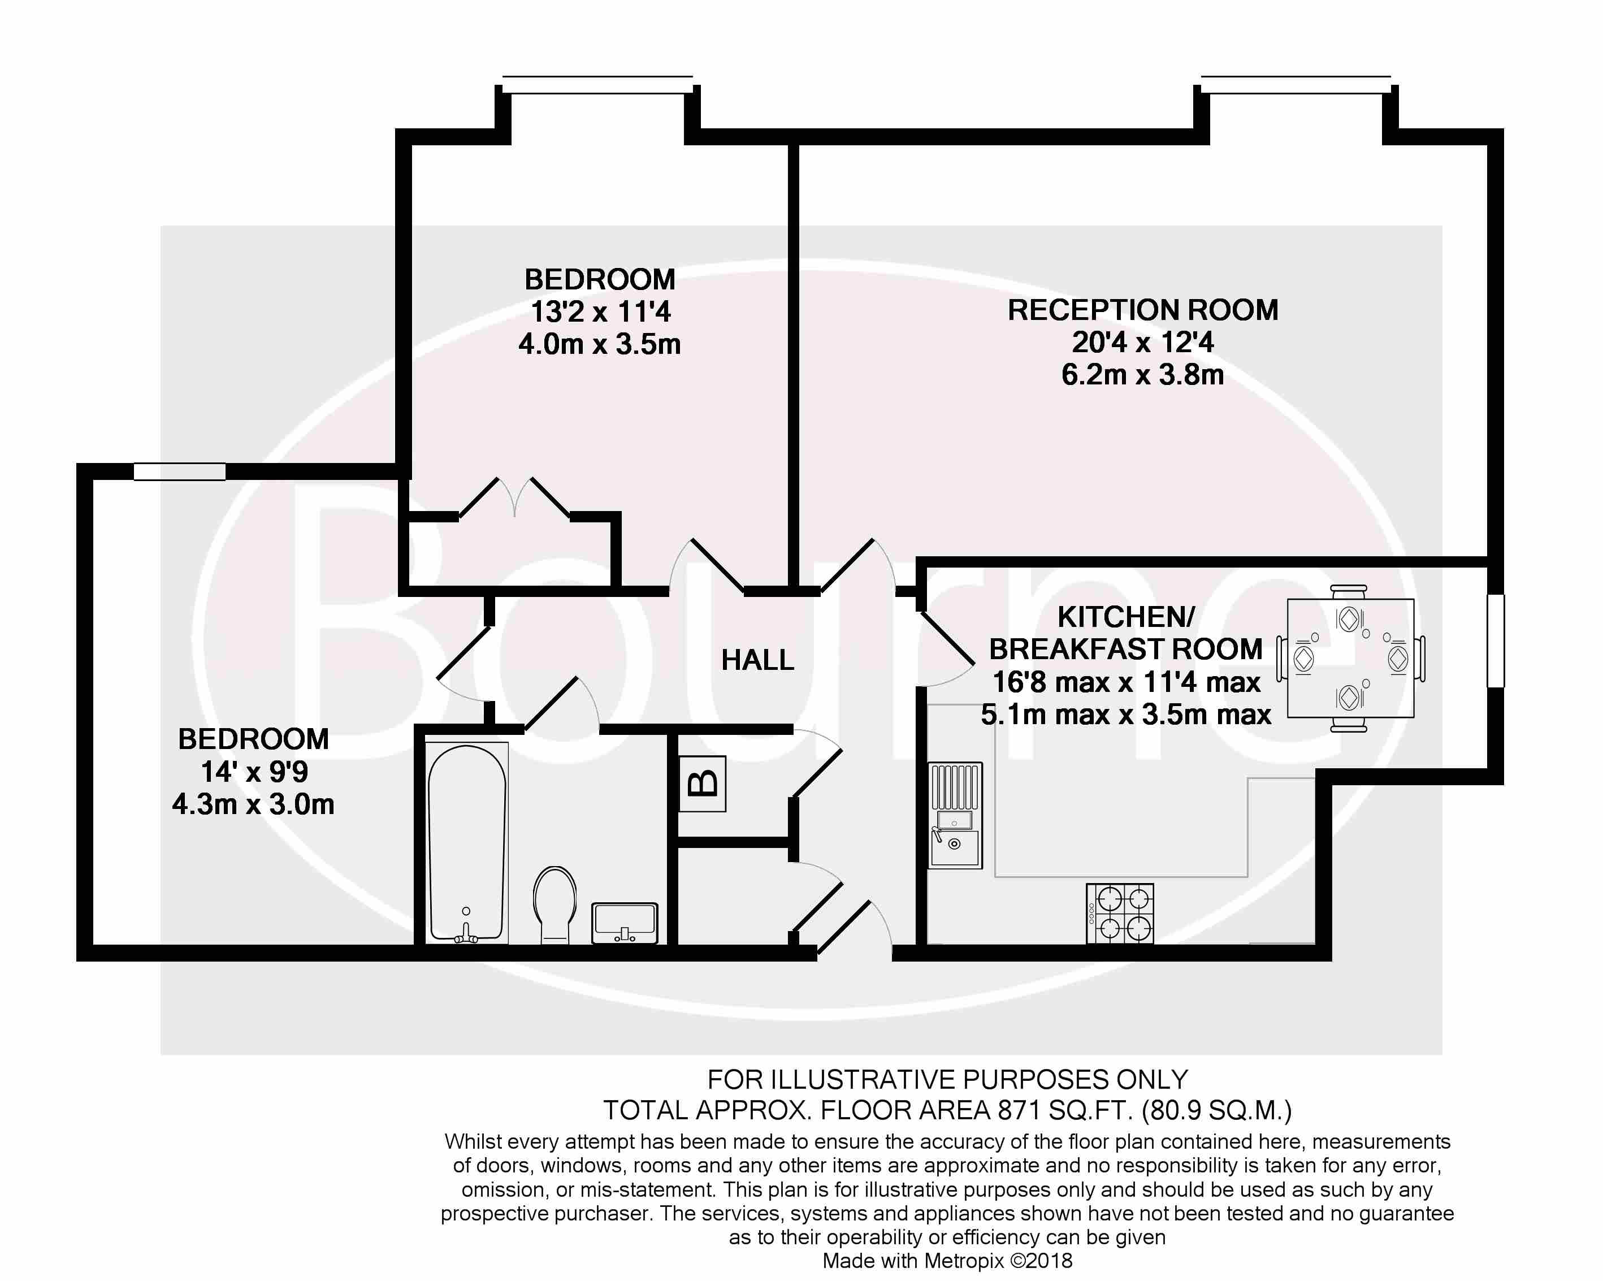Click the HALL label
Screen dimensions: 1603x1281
pyautogui.click(x=757, y=660)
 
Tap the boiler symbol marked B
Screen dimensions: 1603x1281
pyautogui.click(x=703, y=784)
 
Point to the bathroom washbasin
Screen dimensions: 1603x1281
pyautogui.click(x=625, y=923)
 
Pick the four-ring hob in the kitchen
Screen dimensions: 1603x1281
pyautogui.click(x=1120, y=914)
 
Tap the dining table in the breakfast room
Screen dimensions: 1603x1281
pyautogui.click(x=1350, y=659)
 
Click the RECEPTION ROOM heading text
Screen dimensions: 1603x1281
pyautogui.click(x=1143, y=310)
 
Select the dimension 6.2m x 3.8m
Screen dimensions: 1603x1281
pyautogui.click(x=1143, y=375)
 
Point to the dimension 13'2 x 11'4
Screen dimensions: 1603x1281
pyautogui.click(x=600, y=311)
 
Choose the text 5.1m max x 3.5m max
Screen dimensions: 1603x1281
pyautogui.click(x=1126, y=715)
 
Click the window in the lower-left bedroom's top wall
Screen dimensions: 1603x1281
pyautogui.click(x=179, y=471)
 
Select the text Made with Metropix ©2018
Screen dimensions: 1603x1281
pyautogui.click(x=947, y=1261)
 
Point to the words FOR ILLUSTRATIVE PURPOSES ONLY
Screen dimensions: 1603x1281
pyautogui.click(x=947, y=1080)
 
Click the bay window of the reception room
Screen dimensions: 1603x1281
pyautogui.click(x=1296, y=84)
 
